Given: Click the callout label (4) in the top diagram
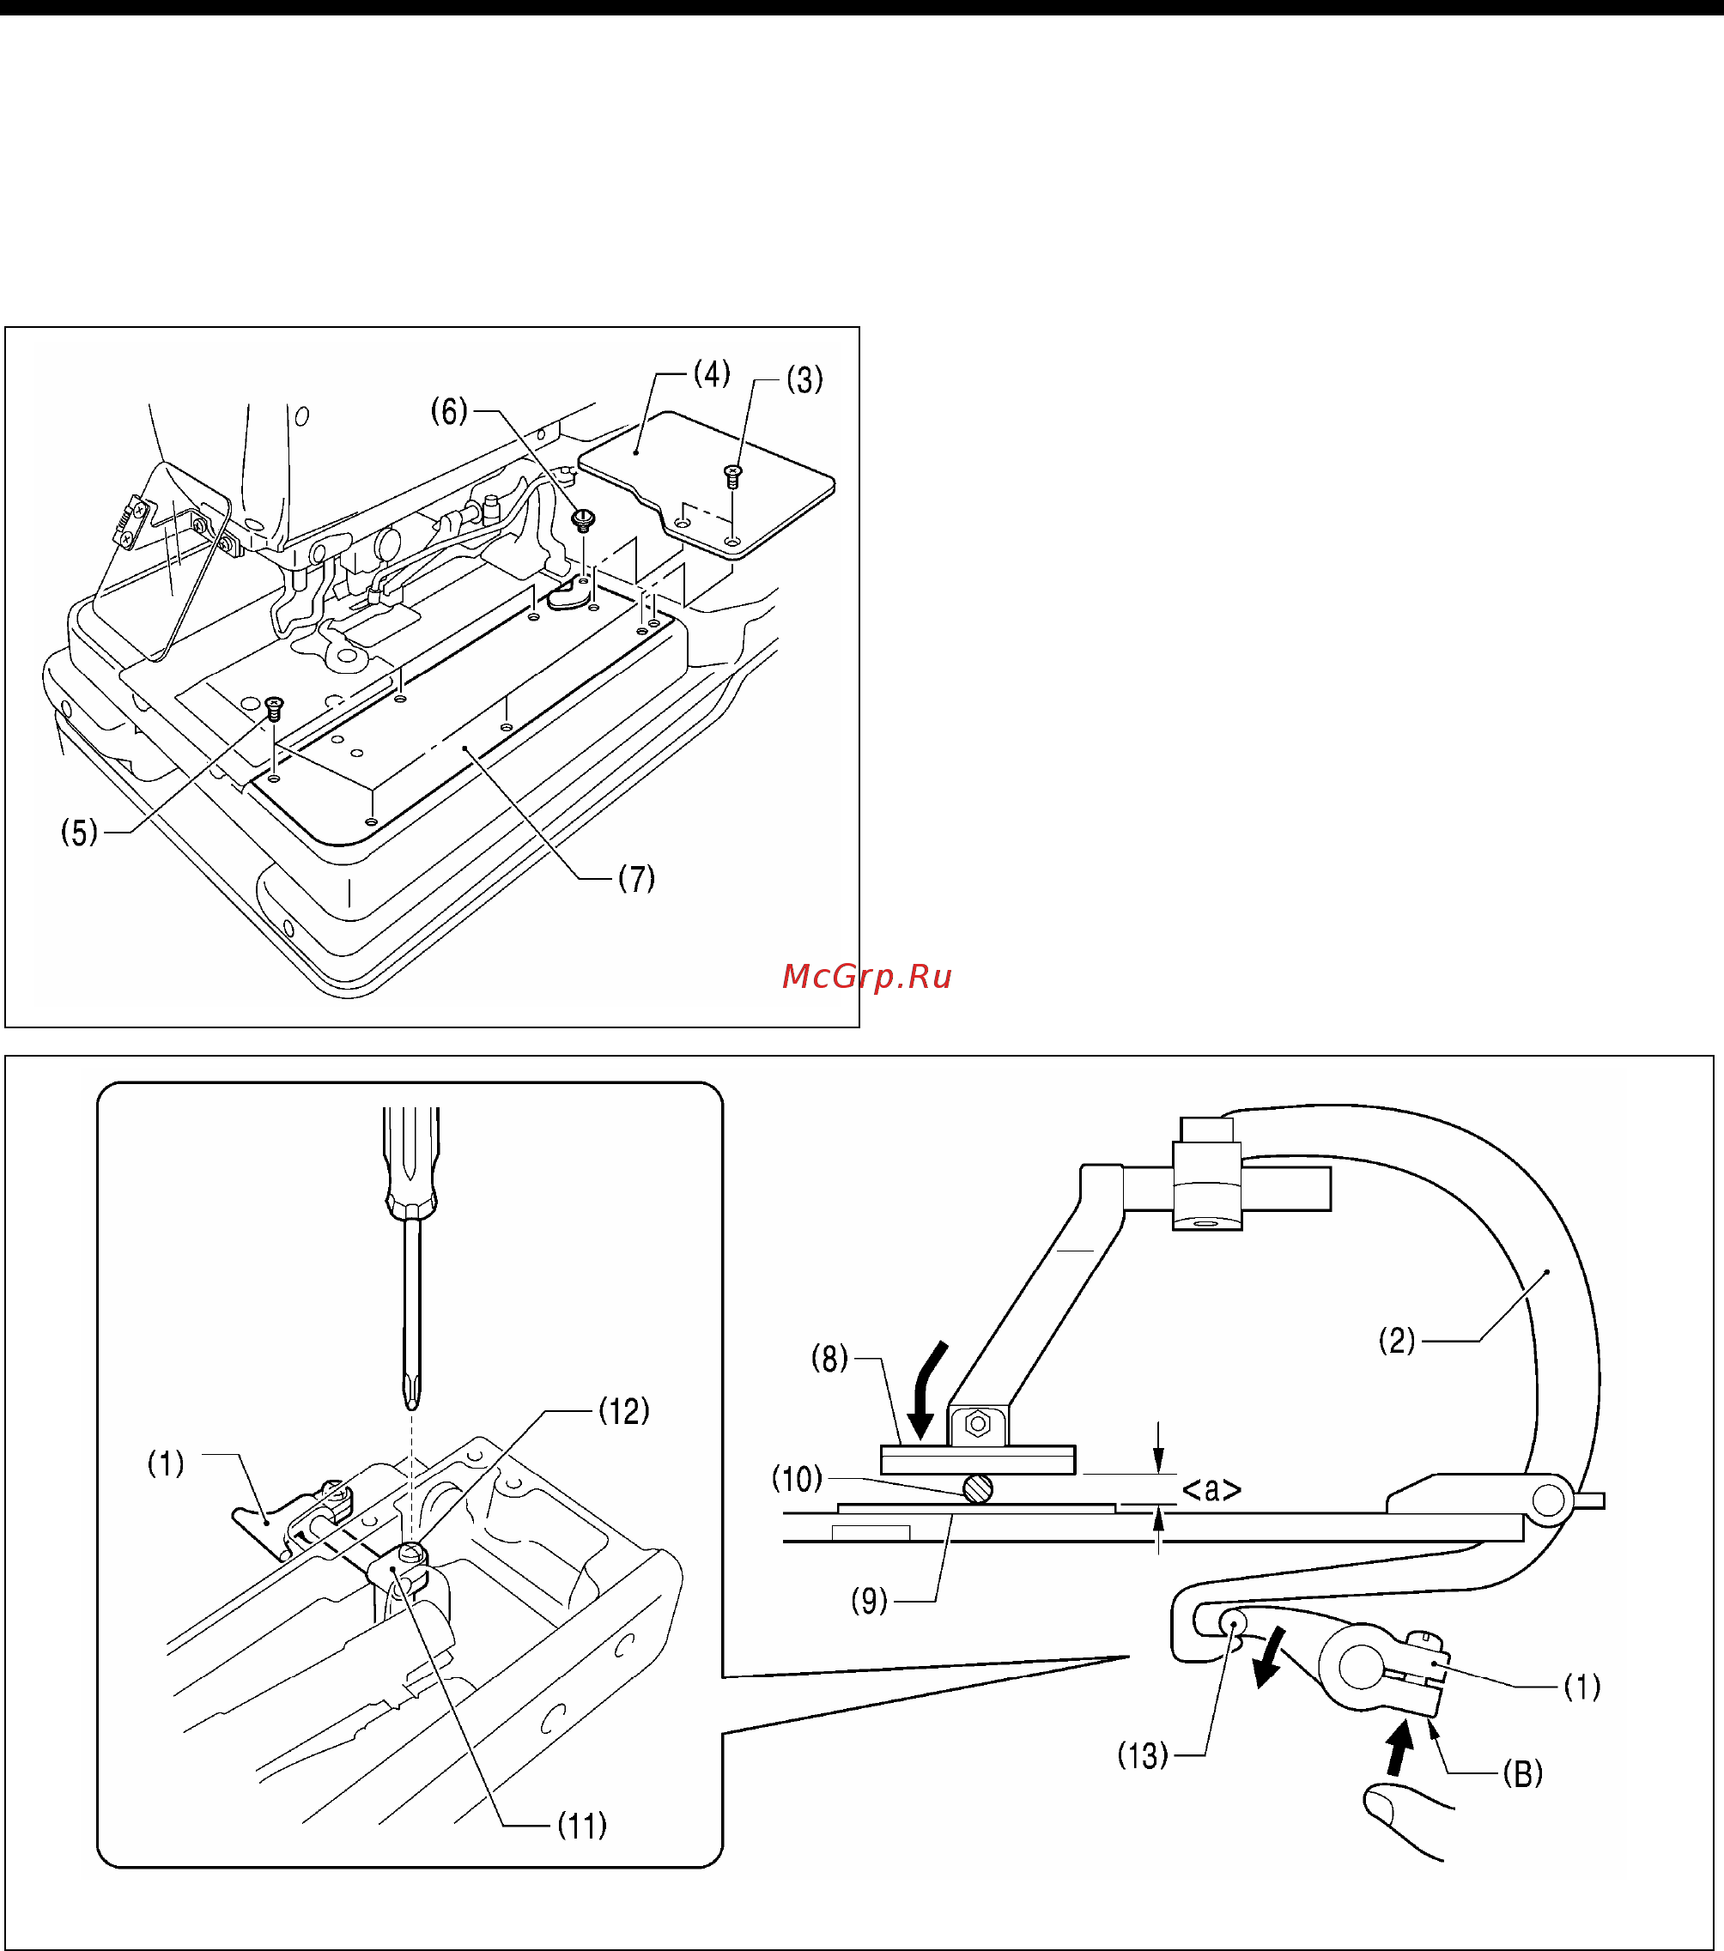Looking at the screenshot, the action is [x=712, y=373].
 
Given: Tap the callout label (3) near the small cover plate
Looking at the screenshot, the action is [x=804, y=380].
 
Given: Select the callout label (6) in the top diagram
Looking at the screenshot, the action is [x=450, y=411].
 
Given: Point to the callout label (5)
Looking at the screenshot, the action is [x=79, y=833].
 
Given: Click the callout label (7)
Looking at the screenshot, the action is [x=637, y=878].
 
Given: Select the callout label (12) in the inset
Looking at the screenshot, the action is [x=624, y=1411].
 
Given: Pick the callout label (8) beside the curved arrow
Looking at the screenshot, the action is [x=829, y=1358].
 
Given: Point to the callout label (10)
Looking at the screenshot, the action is [x=797, y=1480].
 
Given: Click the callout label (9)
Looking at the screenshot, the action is [x=870, y=1601].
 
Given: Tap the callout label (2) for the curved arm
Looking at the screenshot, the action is [x=1397, y=1341].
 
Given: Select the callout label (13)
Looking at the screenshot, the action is [x=1144, y=1755].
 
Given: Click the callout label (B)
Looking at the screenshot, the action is [x=1522, y=1773].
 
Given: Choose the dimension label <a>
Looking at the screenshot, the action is [x=1211, y=1489].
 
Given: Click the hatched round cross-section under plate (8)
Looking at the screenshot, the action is [x=978, y=1488].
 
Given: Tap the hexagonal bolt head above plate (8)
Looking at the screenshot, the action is [x=978, y=1424].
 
